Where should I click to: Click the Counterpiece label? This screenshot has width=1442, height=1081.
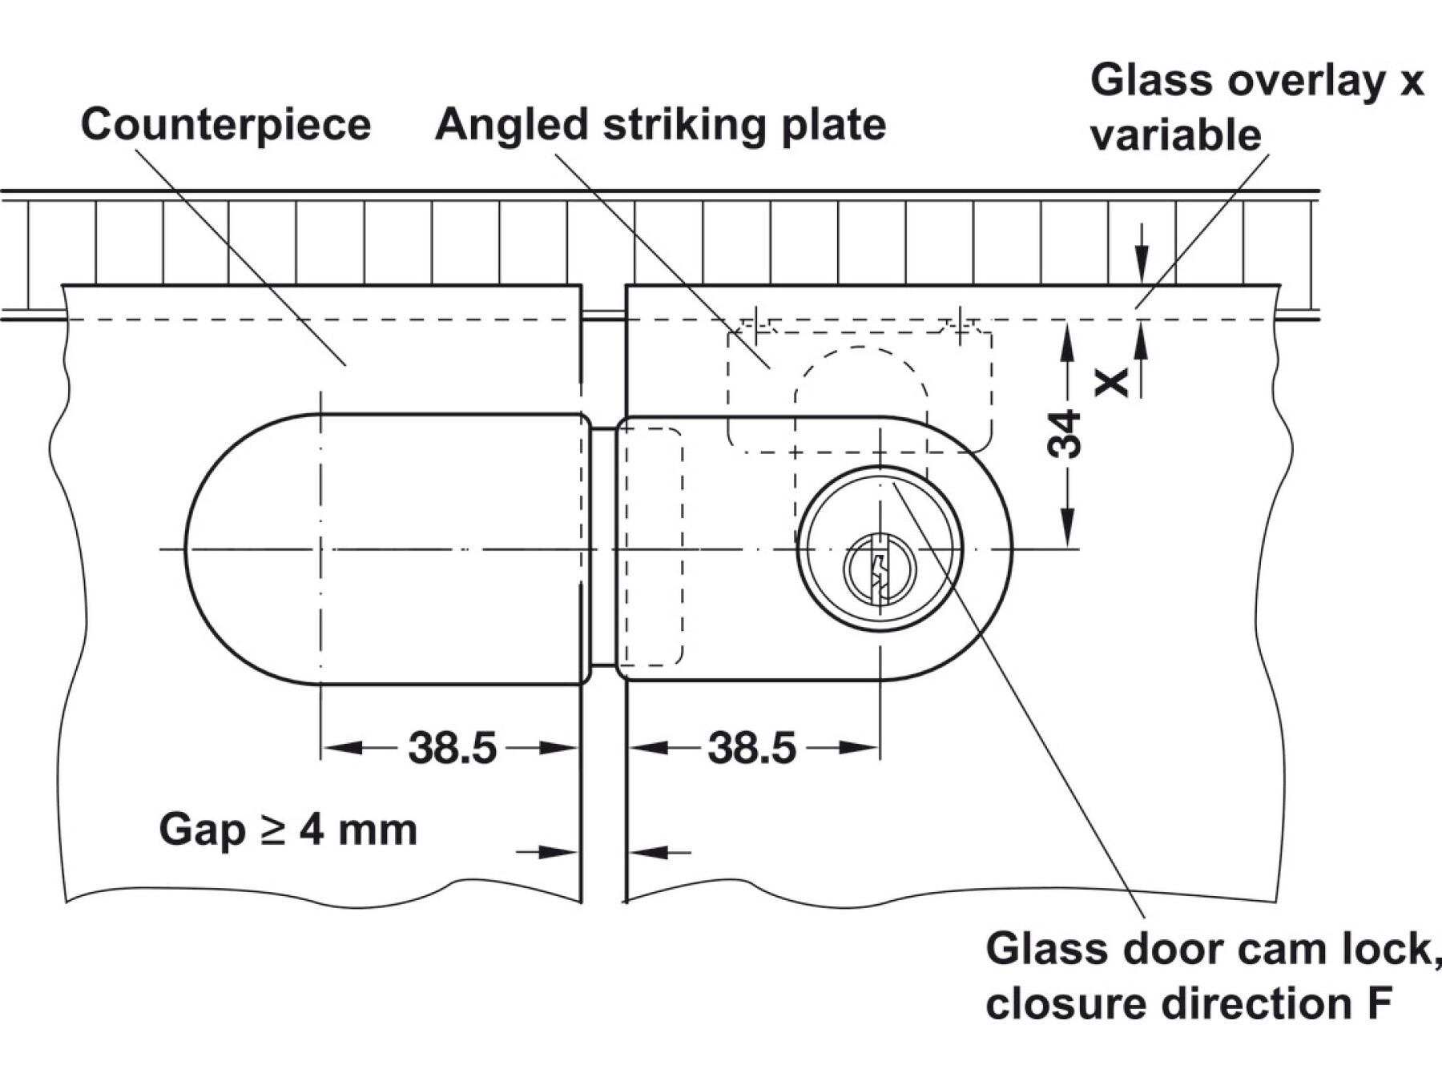click(x=226, y=125)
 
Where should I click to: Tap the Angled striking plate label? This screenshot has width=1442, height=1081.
click(x=660, y=125)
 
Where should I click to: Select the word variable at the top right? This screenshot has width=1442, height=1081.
click(x=1175, y=135)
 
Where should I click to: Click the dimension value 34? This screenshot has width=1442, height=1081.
click(x=1065, y=433)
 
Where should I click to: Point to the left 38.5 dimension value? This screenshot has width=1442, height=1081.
click(x=452, y=748)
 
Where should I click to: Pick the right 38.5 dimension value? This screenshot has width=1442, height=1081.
click(x=751, y=748)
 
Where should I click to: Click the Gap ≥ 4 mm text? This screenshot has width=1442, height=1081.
click(x=288, y=830)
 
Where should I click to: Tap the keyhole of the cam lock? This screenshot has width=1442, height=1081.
click(x=880, y=569)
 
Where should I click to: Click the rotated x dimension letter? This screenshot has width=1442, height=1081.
click(x=1112, y=382)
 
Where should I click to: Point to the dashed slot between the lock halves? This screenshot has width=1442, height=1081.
click(x=653, y=546)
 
